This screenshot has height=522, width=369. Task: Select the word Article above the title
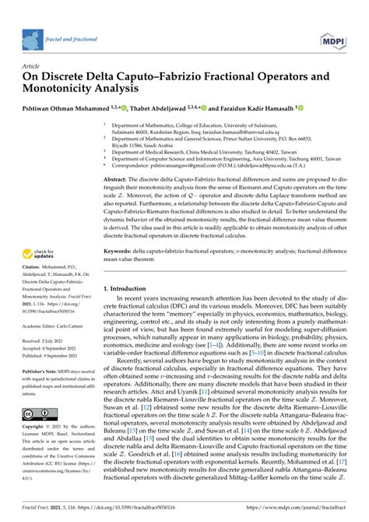click(x=33, y=67)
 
